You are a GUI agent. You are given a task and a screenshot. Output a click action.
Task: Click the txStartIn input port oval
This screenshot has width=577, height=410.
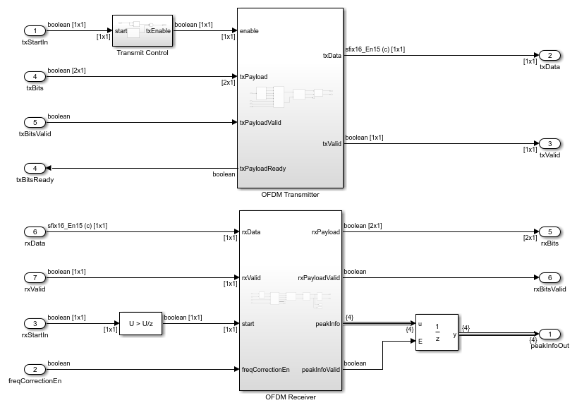pos(34,31)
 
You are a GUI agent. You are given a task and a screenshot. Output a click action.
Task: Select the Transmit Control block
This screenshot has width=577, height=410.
pos(142,31)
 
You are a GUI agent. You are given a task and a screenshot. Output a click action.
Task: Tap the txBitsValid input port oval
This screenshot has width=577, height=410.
pos(34,122)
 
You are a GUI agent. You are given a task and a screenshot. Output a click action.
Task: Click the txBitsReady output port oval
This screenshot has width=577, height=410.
pos(34,169)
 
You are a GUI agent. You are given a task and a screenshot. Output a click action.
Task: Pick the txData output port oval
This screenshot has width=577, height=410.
pos(549,55)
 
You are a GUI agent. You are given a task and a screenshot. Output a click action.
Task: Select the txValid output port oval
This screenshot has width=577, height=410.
pos(549,143)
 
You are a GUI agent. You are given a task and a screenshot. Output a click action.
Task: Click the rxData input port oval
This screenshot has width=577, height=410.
pos(34,231)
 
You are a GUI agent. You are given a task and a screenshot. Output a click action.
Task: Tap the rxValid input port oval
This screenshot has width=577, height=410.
pos(34,277)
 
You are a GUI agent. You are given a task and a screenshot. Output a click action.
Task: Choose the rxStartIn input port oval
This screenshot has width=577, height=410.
pos(34,323)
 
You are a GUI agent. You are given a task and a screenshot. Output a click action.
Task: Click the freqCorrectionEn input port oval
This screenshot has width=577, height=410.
pos(34,369)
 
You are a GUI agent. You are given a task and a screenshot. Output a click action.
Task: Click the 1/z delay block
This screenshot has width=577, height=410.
pos(437,334)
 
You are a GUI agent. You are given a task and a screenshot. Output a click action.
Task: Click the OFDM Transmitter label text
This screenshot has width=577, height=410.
pos(291,194)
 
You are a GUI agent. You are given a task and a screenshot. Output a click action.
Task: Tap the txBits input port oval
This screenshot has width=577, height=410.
pos(34,76)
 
